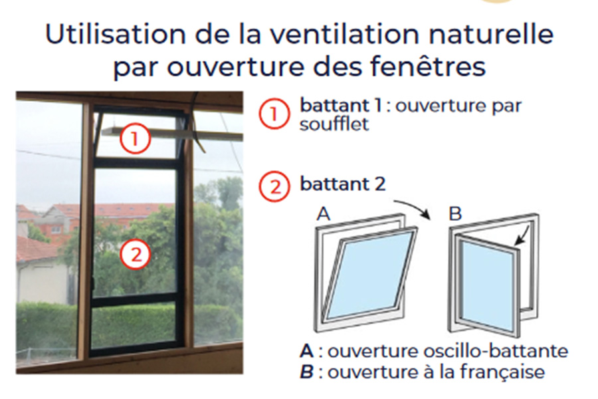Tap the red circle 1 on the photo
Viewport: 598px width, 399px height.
134,139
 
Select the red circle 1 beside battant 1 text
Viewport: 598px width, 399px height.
274,114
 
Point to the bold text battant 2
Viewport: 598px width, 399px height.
342,184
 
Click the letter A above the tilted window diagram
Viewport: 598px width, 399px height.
324,214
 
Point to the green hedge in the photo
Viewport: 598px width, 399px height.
50,326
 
